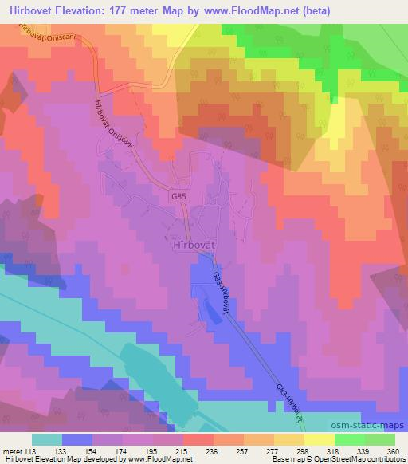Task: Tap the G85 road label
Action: (x=179, y=193)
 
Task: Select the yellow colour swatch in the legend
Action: (x=319, y=439)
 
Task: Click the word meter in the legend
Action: (x=11, y=450)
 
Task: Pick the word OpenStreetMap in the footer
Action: (x=327, y=459)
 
